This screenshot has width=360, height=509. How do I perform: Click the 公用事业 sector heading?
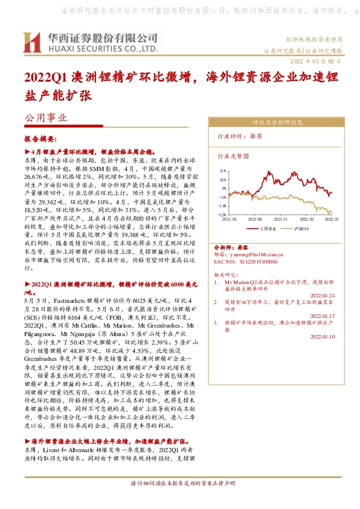tap(43, 119)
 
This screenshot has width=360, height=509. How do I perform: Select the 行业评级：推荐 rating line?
tap(240, 137)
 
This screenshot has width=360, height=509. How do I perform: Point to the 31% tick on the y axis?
tap(222, 171)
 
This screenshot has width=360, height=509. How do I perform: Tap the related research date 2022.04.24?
tap(322, 295)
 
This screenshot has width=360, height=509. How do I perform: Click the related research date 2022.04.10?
tap(322, 336)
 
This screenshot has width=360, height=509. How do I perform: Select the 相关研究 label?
tap(227, 274)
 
